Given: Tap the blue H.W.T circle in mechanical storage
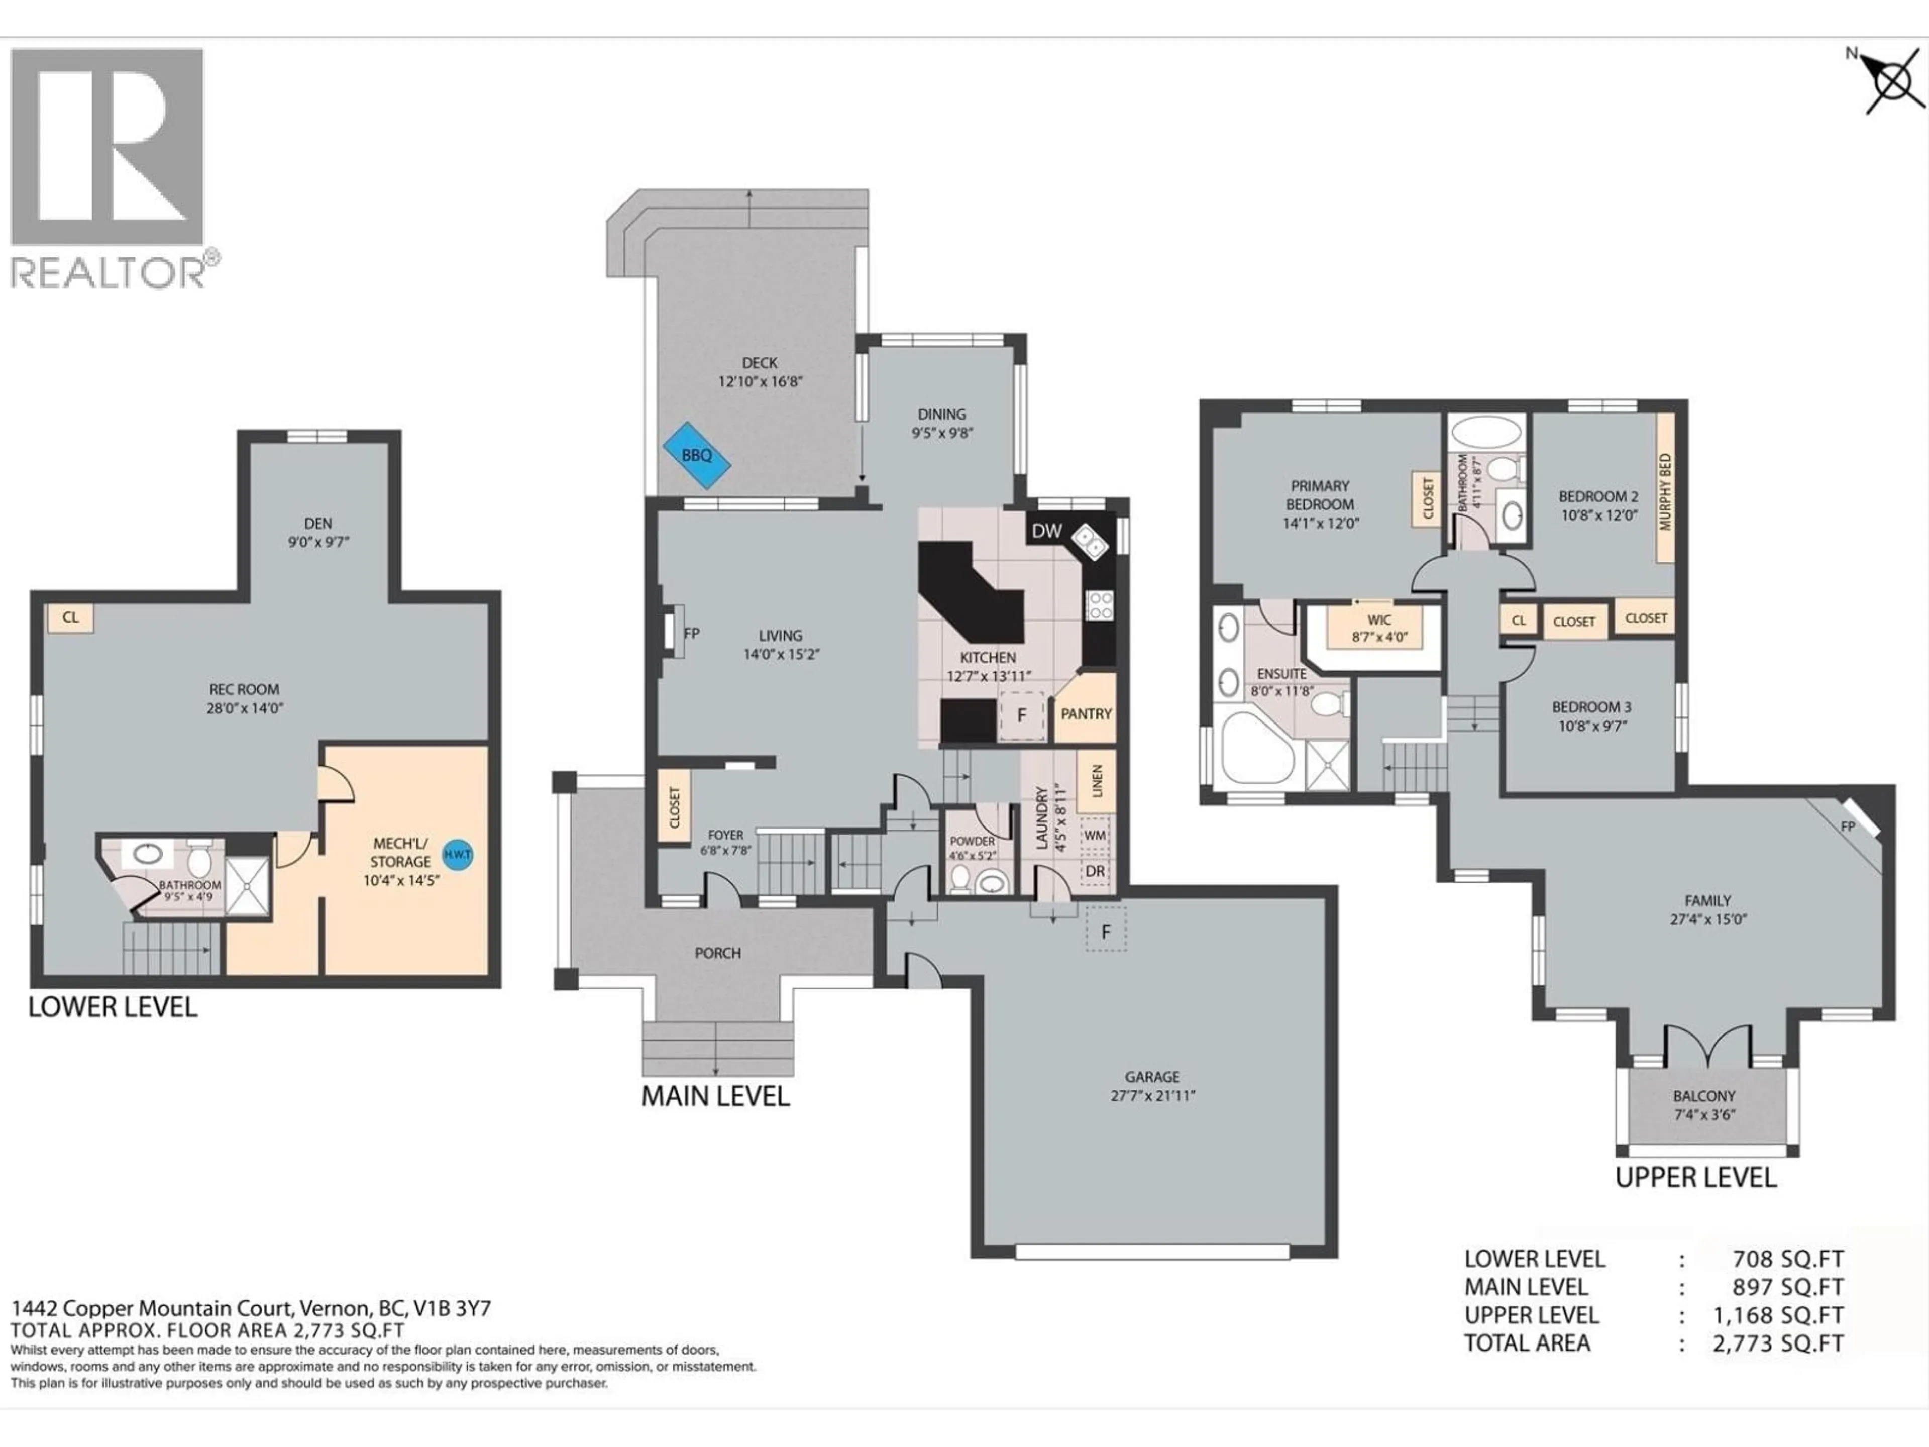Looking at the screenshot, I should (458, 854).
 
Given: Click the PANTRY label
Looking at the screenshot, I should (1086, 713).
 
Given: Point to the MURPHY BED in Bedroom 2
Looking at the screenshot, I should (1665, 490).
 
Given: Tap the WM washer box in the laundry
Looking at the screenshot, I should (1095, 835).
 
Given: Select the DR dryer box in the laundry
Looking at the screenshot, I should (1095, 871).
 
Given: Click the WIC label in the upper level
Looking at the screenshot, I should (1379, 620).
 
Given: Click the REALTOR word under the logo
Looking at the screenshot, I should (108, 273).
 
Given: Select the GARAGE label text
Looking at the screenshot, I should (1152, 1077).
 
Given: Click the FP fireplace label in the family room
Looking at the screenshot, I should (1847, 825).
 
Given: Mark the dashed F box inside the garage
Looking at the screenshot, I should (1106, 932).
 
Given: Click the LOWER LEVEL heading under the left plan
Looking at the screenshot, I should (113, 1007).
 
